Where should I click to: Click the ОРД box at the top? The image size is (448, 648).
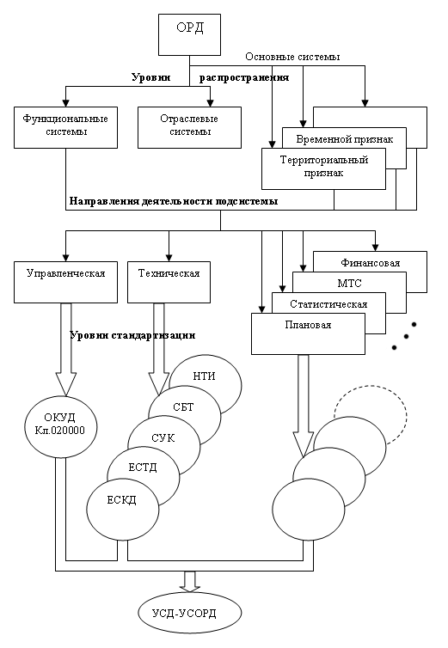coord(189,34)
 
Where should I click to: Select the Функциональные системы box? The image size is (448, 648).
coord(65,128)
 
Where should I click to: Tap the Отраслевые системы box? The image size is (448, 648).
coord(189,128)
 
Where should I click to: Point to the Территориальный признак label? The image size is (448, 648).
coord(324,166)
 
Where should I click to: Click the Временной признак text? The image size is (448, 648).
coord(345,139)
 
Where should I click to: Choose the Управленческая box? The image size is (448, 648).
coord(65,282)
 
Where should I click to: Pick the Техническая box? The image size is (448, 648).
coord(169,282)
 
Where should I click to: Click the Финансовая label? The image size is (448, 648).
coord(371,263)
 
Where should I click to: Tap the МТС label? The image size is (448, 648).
coord(350,284)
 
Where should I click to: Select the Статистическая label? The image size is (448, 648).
coord(328,304)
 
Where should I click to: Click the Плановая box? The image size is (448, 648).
coord(308,334)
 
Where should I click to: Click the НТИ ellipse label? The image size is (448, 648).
coord(204,376)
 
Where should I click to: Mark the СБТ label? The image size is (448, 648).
coord(183,407)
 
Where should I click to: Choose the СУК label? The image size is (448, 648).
coord(163,438)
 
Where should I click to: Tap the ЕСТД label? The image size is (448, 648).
coord(142,468)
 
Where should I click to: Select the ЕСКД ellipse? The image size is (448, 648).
coord(122,510)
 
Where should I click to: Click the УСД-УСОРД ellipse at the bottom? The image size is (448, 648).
coord(189,613)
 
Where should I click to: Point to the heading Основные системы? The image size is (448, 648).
coord(292,57)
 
